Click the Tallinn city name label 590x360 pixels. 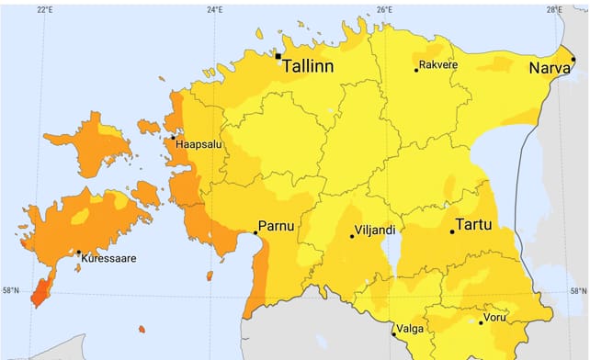[308, 66]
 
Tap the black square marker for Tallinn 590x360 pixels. [278, 56]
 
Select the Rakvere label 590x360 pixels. [438, 65]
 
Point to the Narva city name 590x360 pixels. [549, 69]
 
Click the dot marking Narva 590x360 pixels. [573, 60]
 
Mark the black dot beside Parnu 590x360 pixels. [255, 233]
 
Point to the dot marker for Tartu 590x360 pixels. [452, 231]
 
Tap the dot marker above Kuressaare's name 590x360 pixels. [78, 253]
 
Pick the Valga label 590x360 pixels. [410, 328]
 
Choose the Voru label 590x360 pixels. [498, 318]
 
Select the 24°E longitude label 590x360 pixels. [214, 10]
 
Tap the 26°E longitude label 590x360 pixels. [384, 10]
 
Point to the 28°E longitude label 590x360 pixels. [553, 10]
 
